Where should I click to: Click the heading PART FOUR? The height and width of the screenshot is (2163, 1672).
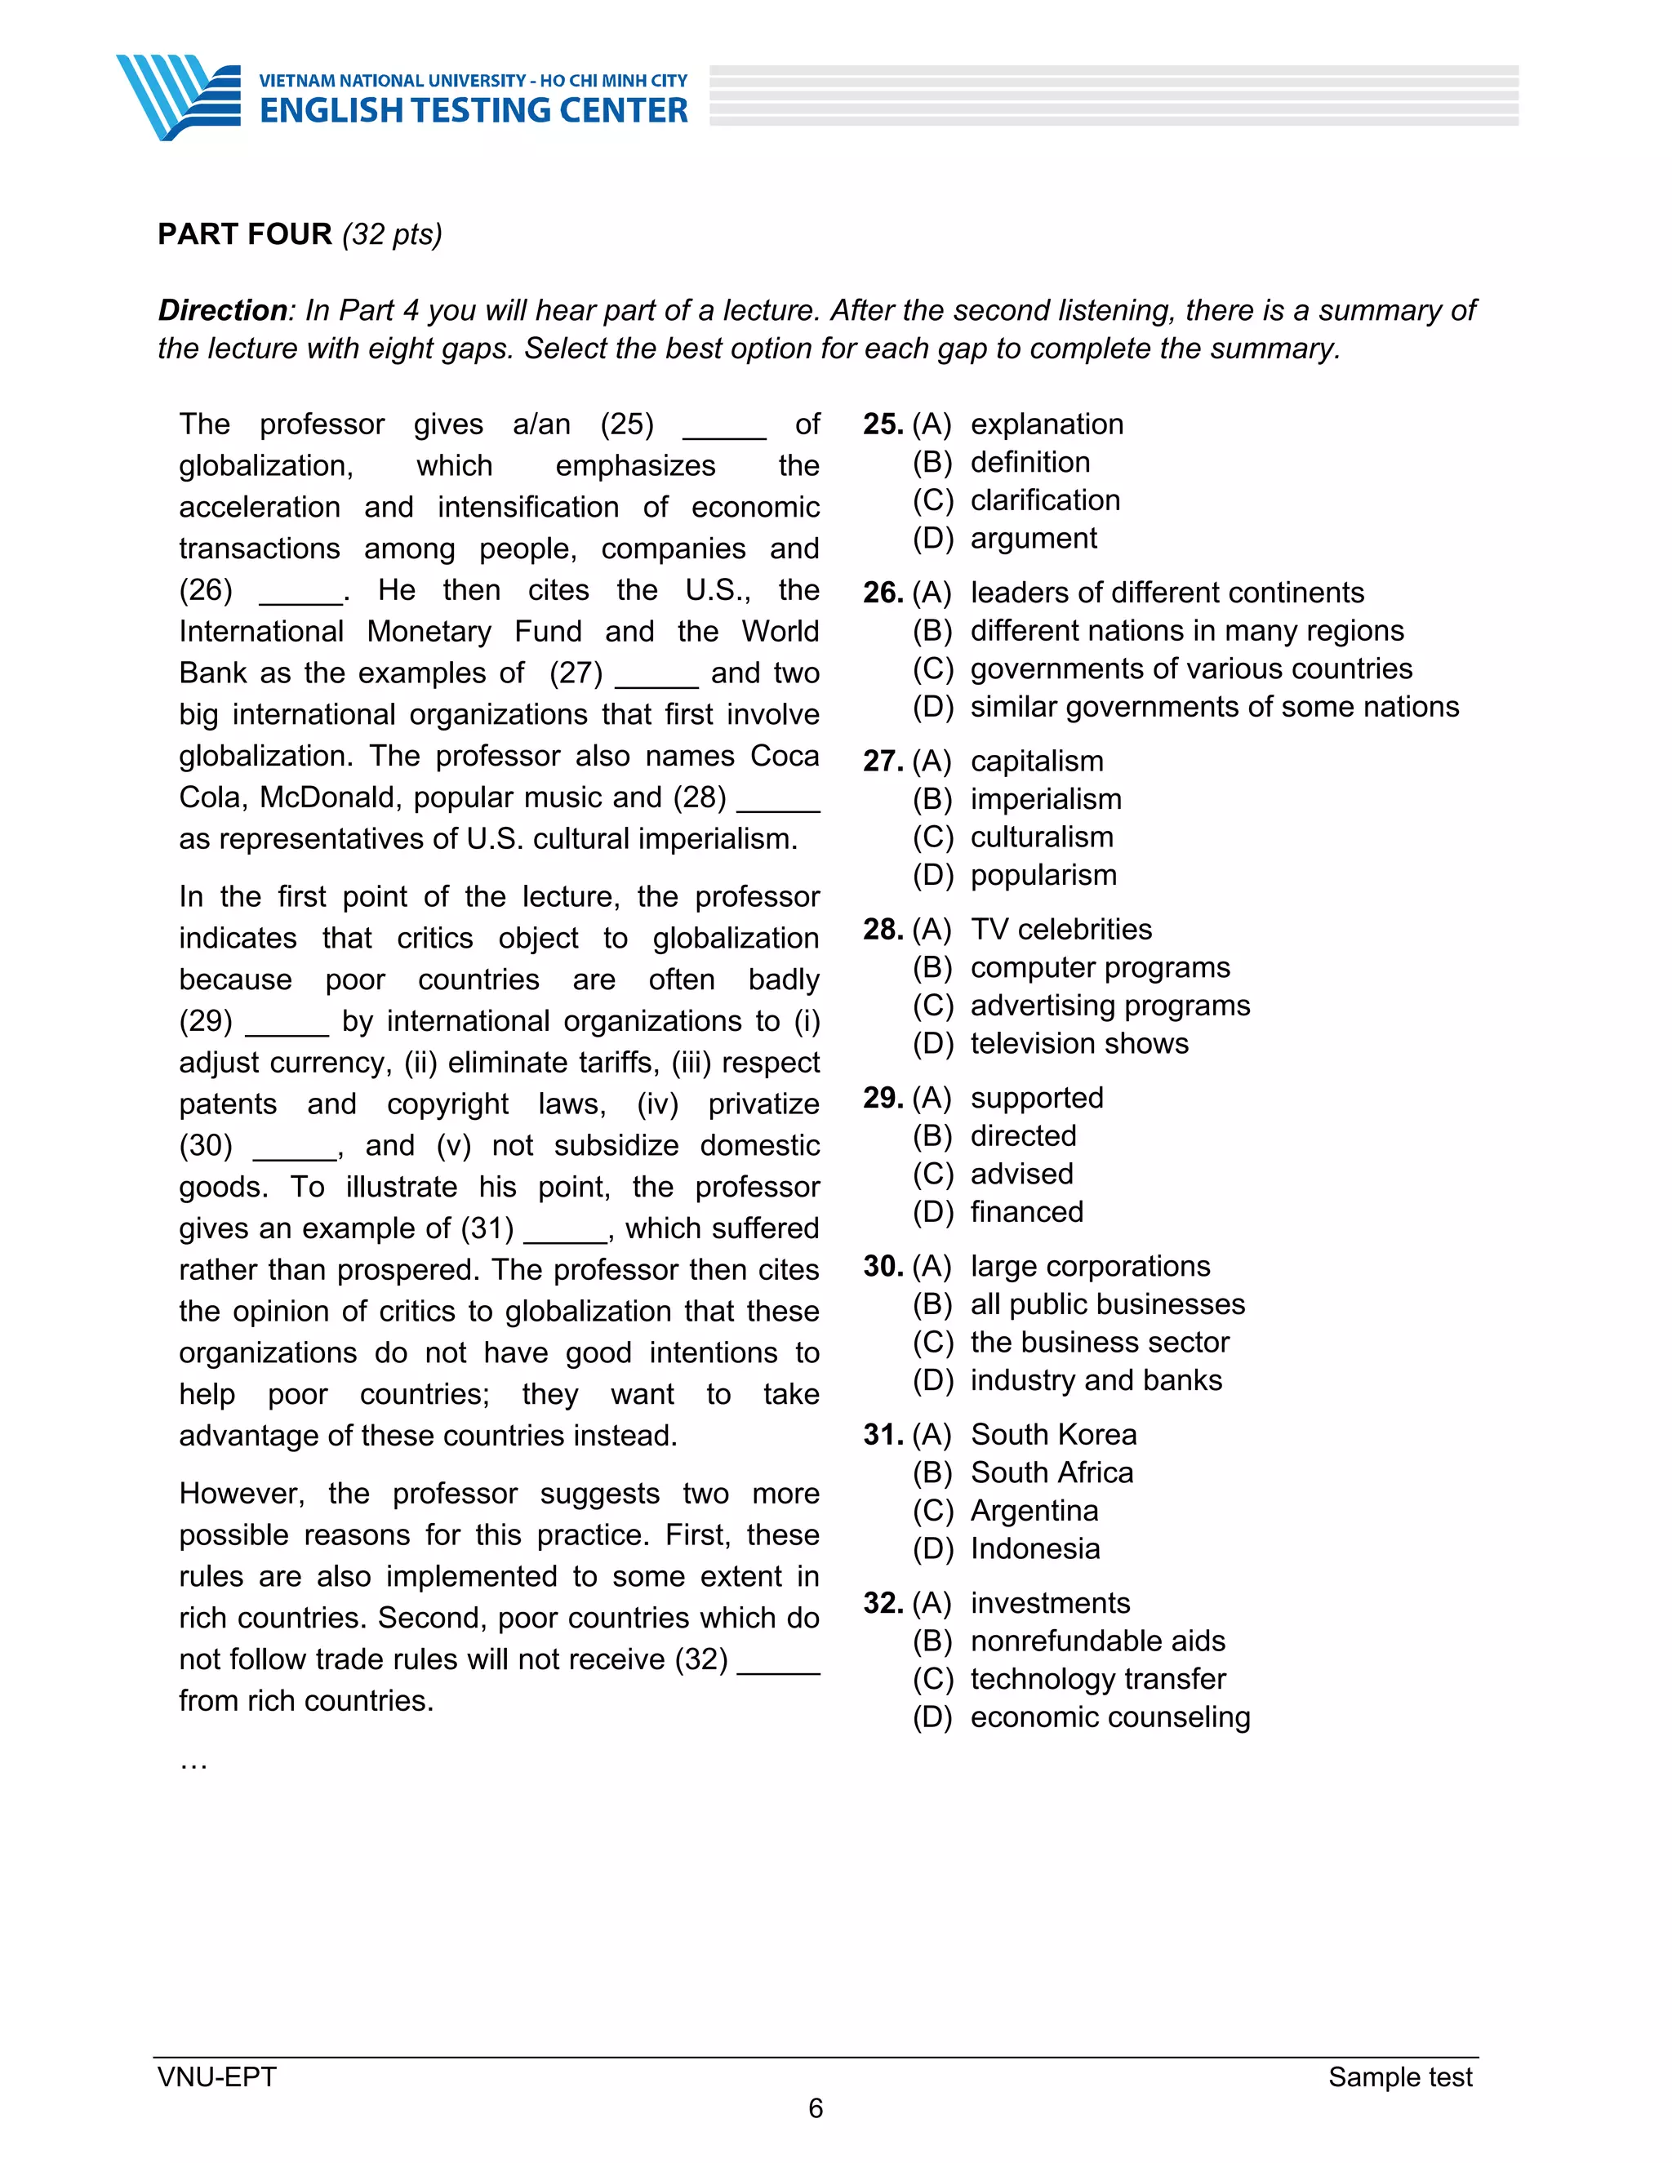pos(245,235)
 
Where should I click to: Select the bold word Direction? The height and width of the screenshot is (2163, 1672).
pos(223,311)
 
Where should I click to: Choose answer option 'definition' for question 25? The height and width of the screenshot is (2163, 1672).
pos(1029,463)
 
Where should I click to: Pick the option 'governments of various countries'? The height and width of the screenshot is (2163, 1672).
pos(1190,669)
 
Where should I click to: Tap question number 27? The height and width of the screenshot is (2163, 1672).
pos(882,762)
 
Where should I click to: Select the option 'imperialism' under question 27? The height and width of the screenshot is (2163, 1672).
pos(1045,799)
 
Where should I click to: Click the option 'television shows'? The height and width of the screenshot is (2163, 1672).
pos(1078,1044)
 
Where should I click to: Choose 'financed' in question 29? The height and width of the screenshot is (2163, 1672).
pos(1026,1212)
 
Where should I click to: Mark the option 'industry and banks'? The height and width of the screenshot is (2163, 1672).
pos(1096,1380)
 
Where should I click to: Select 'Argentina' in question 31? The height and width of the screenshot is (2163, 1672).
pos(1034,1512)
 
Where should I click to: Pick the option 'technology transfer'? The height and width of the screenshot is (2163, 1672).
pos(1097,1680)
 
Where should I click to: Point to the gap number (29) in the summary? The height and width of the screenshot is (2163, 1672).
pos(206,1021)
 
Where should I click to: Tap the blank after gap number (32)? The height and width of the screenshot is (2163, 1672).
pos(779,1662)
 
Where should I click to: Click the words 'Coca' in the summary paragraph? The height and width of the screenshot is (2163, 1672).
pos(785,757)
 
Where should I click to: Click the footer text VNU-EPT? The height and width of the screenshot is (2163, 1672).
pos(217,2076)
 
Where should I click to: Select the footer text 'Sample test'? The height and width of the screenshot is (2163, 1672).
pos(1399,2076)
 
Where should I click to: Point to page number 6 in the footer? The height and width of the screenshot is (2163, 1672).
pos(816,2108)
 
